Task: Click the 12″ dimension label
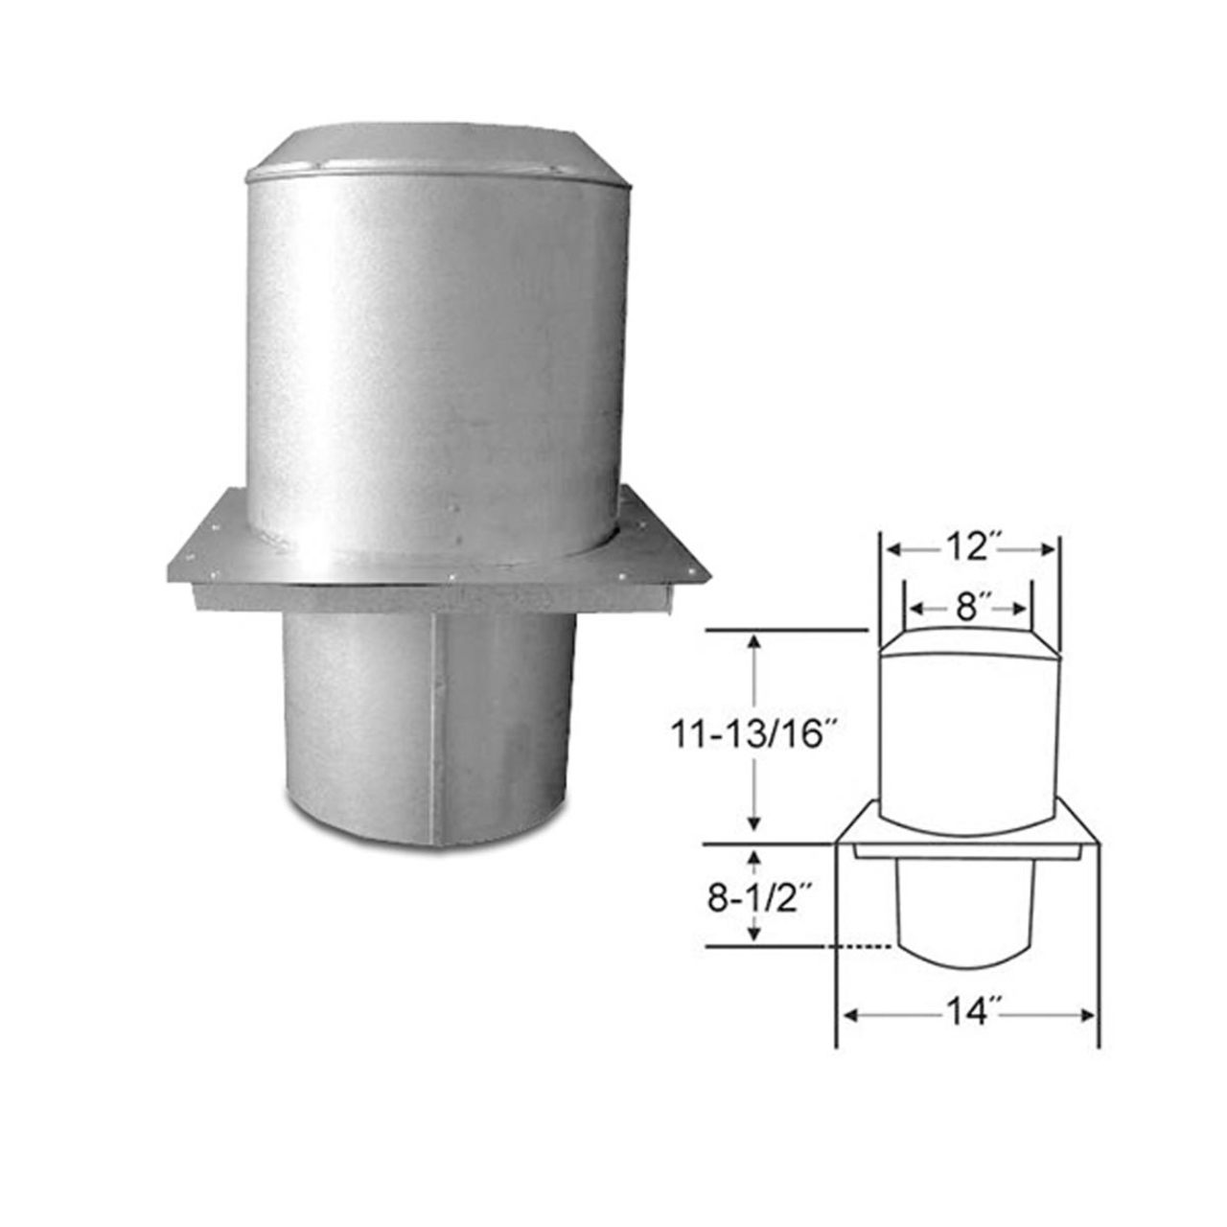(969, 547)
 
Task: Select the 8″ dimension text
(966, 607)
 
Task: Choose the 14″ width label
(967, 1014)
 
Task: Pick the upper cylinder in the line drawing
(969, 738)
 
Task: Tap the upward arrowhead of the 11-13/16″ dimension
(755, 644)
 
